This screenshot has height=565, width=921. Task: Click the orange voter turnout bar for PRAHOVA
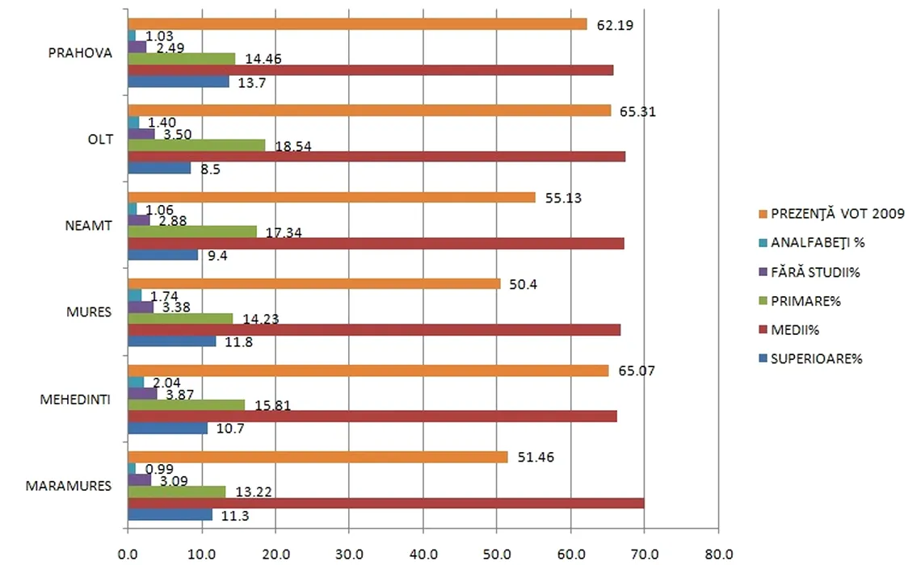355,24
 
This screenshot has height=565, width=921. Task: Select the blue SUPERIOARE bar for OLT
159,169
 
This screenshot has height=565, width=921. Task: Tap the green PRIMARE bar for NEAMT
192,232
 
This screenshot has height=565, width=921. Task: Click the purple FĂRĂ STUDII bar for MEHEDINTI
142,394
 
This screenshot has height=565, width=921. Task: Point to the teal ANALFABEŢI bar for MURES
135,295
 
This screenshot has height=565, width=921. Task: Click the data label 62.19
615,25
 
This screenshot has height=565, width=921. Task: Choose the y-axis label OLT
101,139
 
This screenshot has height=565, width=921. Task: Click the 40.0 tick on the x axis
423,555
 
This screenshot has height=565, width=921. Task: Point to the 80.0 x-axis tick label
717,555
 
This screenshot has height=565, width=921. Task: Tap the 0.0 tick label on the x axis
128,555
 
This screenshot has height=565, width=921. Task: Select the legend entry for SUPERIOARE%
817,359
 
